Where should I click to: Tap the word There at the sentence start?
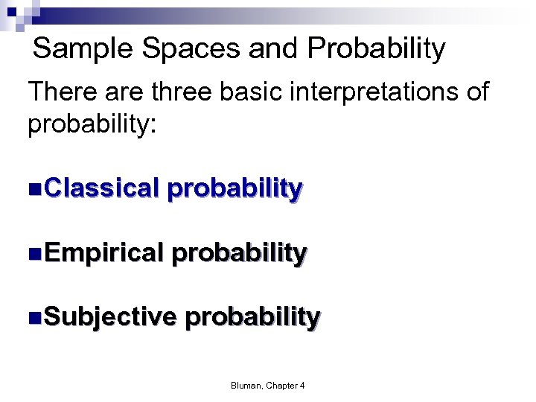pyautogui.click(x=63, y=92)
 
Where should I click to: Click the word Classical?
pyautogui.click(x=102, y=188)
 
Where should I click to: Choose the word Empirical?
pyautogui.click(x=103, y=253)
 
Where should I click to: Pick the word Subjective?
pyautogui.click(x=110, y=317)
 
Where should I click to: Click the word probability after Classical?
pyautogui.click(x=234, y=189)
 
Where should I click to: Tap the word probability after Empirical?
pyautogui.click(x=239, y=254)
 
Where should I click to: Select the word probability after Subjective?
pyautogui.click(x=252, y=318)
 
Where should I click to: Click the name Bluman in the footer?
pyautogui.click(x=245, y=385)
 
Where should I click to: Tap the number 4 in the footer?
pyautogui.click(x=302, y=385)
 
